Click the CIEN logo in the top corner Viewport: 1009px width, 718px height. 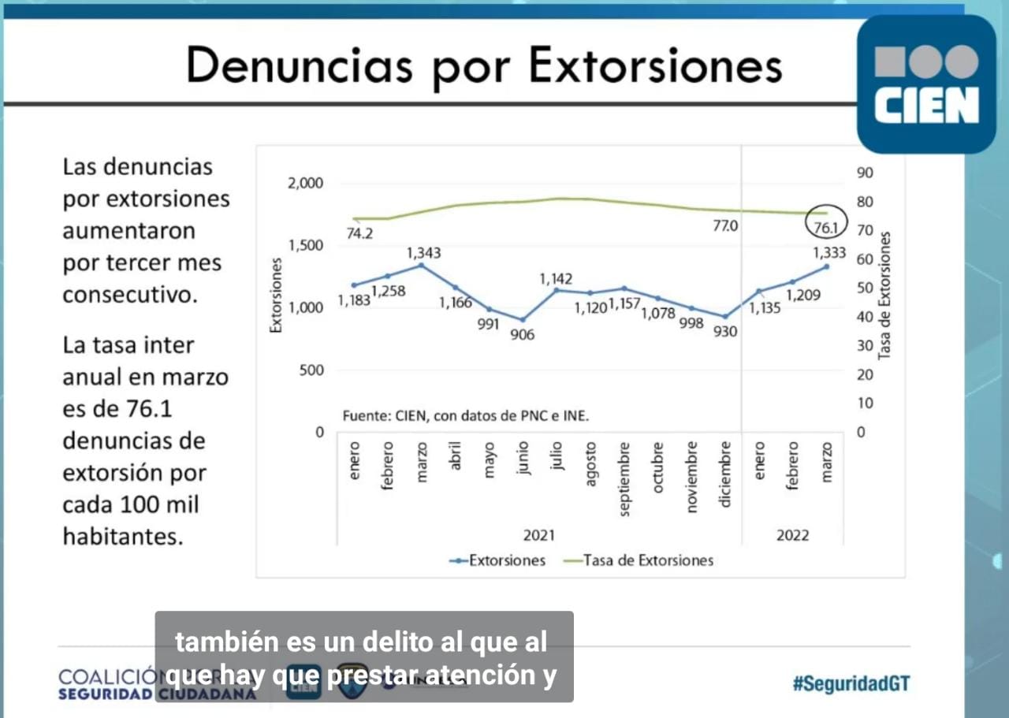coord(926,84)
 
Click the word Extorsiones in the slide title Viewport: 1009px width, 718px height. coord(655,65)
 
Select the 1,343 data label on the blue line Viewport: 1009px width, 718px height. coord(423,253)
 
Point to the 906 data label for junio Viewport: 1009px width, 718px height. coord(522,334)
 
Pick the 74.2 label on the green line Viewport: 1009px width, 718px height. coord(359,233)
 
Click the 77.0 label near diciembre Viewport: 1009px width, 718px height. coord(725,226)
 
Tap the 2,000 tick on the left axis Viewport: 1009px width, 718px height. coord(306,183)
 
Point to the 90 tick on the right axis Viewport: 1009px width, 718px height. coord(865,173)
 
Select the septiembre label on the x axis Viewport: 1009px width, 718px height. coord(624,479)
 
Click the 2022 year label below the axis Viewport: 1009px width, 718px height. coord(792,535)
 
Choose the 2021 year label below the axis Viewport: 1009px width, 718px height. coord(539,535)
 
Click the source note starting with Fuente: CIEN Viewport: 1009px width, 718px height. coord(465,415)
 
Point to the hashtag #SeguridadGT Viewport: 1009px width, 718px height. coord(851,683)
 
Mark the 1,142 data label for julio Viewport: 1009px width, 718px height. coord(556,279)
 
